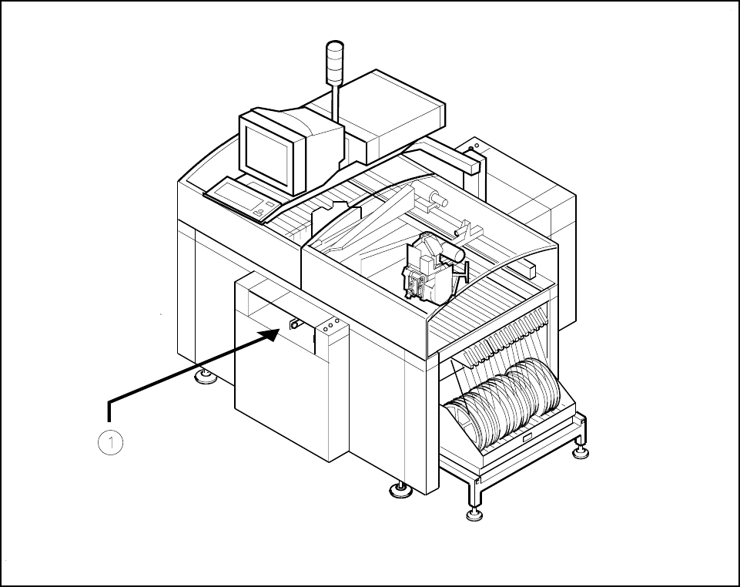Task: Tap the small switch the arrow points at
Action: point(294,325)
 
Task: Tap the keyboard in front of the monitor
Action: point(240,198)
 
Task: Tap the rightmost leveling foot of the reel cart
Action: point(581,451)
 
